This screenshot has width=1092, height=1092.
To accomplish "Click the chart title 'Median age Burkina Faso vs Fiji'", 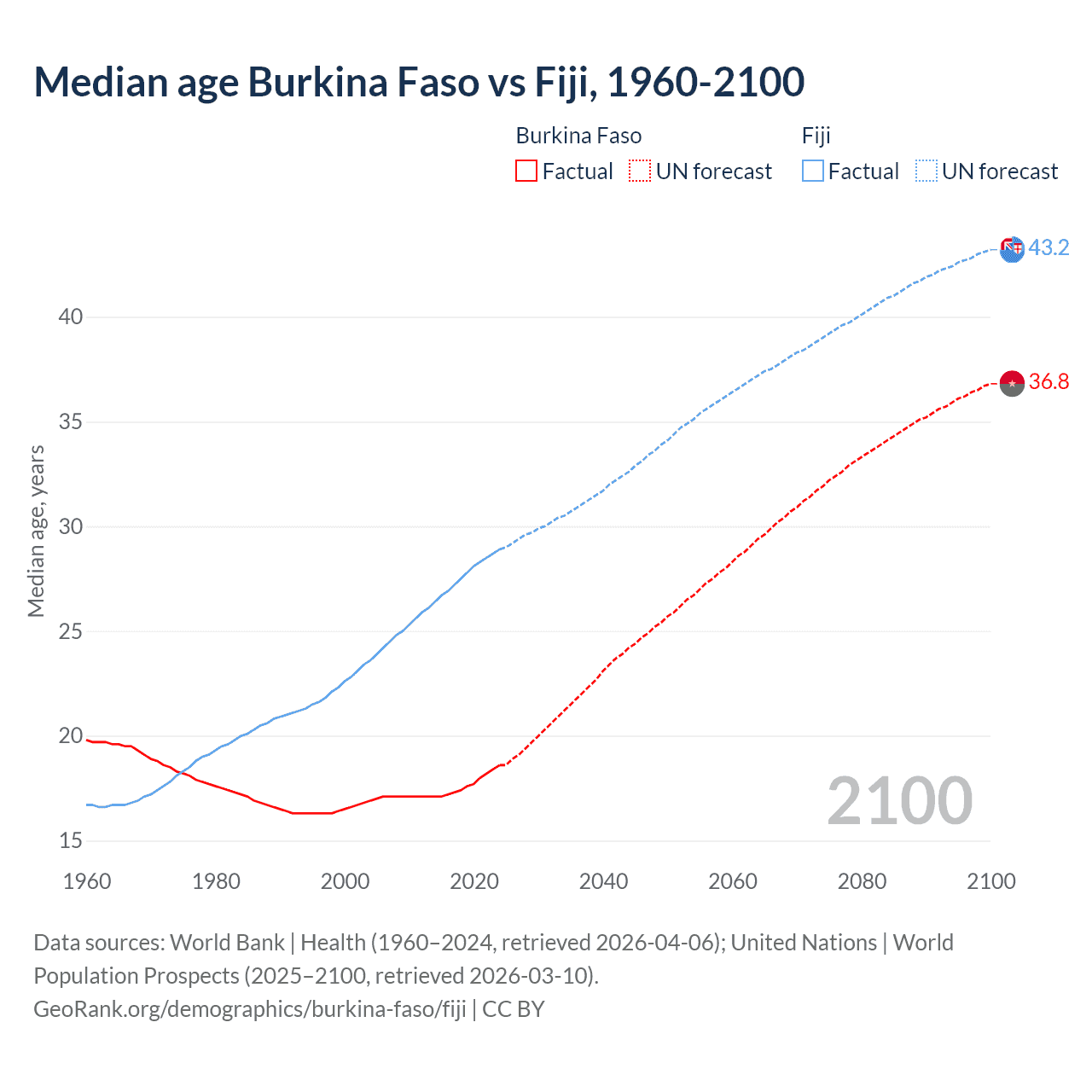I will [418, 83].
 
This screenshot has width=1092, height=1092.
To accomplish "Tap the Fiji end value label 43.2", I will [1048, 247].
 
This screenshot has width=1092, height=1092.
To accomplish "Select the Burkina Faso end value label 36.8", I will [1048, 381].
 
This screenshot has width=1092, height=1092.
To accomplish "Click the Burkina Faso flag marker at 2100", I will [1012, 383].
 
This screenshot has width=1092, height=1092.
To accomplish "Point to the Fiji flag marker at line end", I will [1012, 249].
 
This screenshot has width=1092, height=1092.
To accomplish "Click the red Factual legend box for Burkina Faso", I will [526, 171].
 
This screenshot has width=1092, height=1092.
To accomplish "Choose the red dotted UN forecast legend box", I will [640, 171].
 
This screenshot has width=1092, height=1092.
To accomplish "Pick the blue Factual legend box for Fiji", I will [813, 171].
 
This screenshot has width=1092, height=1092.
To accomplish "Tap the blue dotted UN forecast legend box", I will [926, 171].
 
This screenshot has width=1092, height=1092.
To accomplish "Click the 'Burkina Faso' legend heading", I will [578, 136].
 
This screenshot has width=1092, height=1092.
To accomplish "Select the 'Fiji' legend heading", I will [816, 136].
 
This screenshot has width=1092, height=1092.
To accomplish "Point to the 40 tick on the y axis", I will [71, 317].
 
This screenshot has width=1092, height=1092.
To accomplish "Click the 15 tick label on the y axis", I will [71, 841].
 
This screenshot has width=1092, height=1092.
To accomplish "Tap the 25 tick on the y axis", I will [71, 632].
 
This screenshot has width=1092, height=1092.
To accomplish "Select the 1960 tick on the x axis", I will [87, 881].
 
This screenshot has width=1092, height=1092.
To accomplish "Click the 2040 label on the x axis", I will [603, 881].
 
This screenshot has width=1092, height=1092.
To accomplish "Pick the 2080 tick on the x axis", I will [862, 881].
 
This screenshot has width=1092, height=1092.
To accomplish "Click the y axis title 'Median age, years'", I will [36, 531].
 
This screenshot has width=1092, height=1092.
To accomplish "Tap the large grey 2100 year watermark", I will [899, 800].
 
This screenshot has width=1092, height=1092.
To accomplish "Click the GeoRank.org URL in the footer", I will [249, 1009].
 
